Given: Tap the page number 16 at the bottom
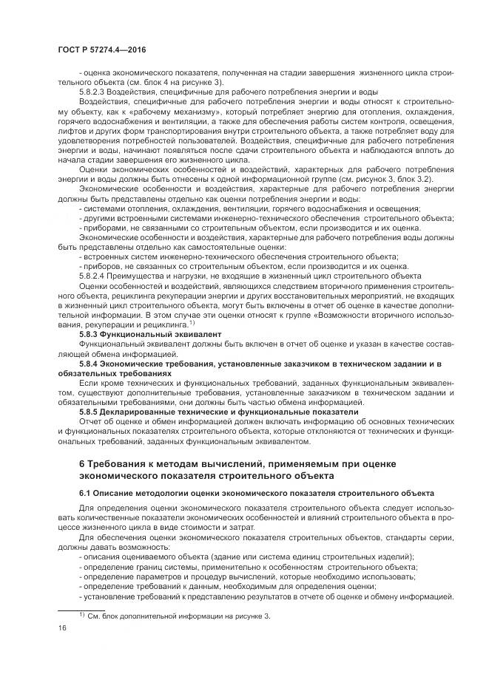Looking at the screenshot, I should pyautogui.click(x=61, y=628).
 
